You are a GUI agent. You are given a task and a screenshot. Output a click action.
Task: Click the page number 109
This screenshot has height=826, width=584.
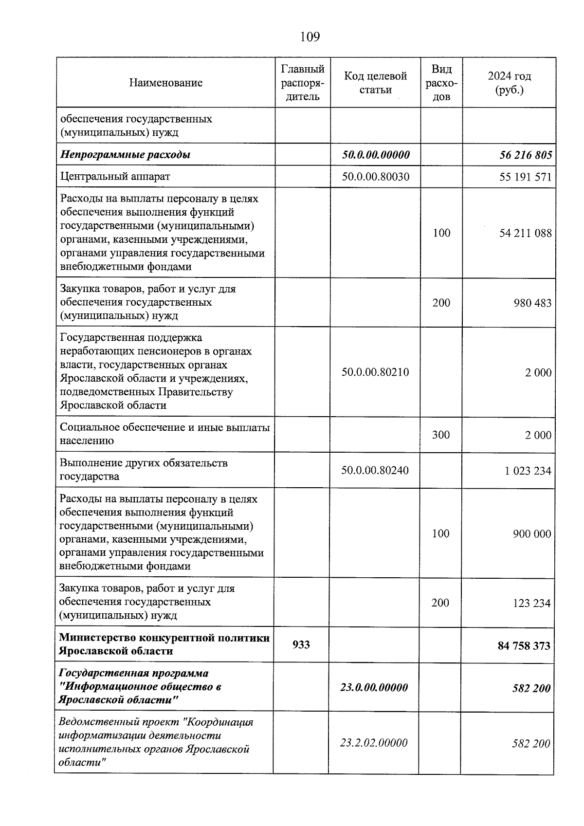point(310,37)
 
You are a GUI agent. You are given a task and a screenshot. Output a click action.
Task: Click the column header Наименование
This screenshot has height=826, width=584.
point(165,83)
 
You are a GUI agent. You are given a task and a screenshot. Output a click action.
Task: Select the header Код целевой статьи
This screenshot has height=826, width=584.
point(375,83)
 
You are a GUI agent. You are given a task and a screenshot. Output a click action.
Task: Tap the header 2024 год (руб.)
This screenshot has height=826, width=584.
point(509,83)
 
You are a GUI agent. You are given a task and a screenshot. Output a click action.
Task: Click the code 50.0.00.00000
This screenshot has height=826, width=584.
point(376,155)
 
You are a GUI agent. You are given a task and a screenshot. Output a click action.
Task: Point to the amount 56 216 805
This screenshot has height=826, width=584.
point(526,155)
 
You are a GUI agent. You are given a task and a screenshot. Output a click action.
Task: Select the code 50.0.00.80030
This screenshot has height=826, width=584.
point(375,176)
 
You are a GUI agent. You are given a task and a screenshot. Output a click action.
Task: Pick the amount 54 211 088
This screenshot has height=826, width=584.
point(526,233)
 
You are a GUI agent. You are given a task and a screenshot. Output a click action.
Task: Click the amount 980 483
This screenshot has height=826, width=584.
point(532,303)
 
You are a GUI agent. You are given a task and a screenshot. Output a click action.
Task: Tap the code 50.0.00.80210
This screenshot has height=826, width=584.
point(375,372)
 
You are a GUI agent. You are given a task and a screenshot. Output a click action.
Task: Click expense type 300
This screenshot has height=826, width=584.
point(441,435)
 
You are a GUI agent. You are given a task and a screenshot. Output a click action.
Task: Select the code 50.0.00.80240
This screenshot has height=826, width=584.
point(375,470)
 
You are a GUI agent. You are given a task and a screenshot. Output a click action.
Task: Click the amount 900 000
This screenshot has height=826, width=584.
point(531,534)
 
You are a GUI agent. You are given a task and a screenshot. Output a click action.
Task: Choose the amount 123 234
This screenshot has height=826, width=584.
point(531,604)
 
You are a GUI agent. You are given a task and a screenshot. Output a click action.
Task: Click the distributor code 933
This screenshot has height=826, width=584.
point(301,644)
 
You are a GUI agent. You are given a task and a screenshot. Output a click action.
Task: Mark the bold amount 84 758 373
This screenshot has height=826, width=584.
point(524,646)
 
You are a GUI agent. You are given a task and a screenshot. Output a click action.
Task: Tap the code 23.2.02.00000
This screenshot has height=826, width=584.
point(374,743)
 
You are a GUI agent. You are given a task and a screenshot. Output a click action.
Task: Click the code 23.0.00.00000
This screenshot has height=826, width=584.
point(374,688)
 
